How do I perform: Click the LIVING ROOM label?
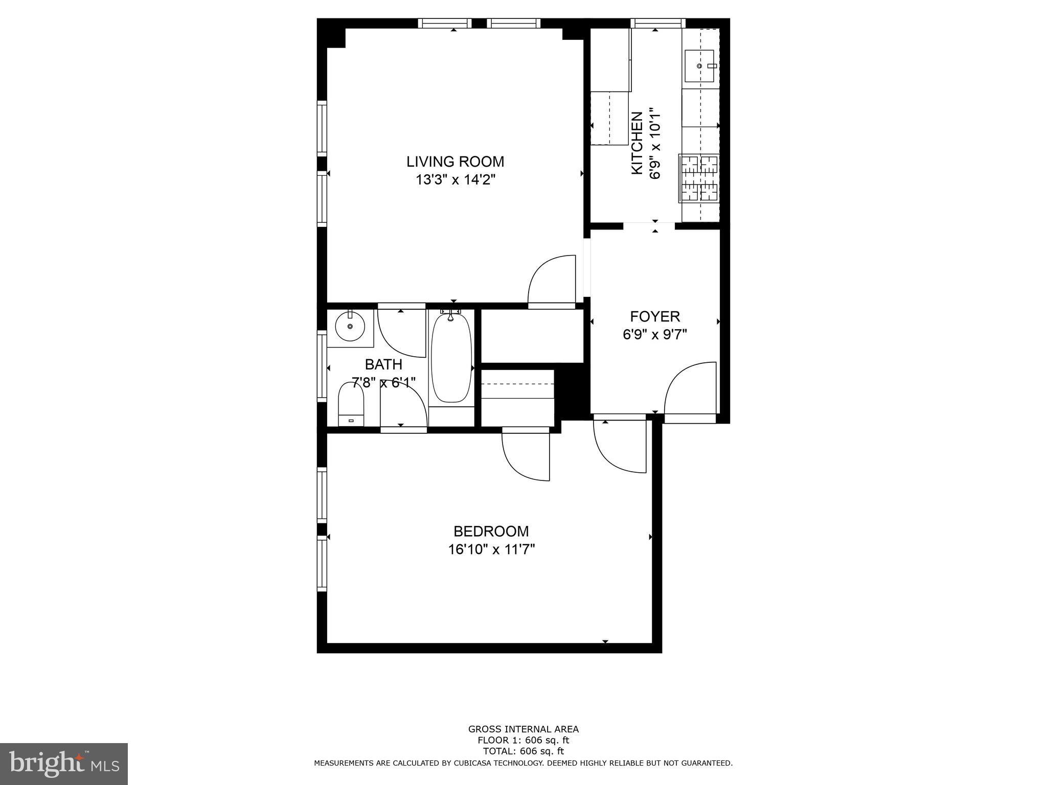(455, 161)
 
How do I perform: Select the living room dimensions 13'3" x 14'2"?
(455, 180)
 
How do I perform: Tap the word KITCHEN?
(637, 143)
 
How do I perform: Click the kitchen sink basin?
(700, 66)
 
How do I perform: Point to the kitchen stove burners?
(699, 179)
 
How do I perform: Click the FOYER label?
(654, 316)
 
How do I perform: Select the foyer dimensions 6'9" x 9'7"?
(654, 335)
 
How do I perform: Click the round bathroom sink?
(350, 326)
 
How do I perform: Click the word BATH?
(383, 364)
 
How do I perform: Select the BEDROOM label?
(491, 531)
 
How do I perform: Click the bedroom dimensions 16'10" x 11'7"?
(491, 550)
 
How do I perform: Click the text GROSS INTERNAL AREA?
(523, 729)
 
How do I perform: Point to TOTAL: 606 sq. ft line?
(523, 751)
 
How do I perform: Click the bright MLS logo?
(64, 764)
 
